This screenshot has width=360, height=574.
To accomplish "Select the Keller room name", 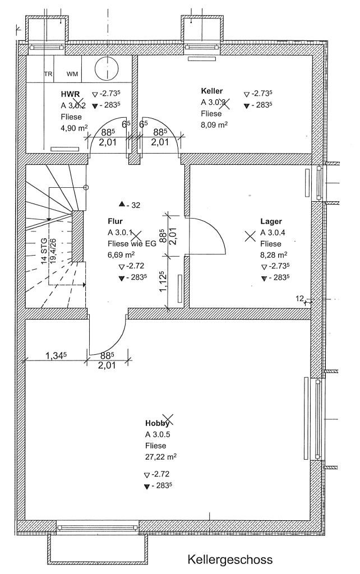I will (x=212, y=90).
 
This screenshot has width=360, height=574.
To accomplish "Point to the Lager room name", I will (x=271, y=221).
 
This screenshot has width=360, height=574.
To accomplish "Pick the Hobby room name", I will (x=157, y=423).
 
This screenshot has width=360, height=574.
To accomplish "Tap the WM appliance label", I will (x=72, y=74).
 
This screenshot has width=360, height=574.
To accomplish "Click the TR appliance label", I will (x=48, y=74).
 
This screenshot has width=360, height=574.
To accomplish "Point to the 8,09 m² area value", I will (x=214, y=124).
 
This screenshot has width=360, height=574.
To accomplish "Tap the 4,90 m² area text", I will (x=74, y=128).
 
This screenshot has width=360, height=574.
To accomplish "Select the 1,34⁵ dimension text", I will (x=56, y=355).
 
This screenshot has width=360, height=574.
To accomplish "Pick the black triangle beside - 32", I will (x=121, y=205).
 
